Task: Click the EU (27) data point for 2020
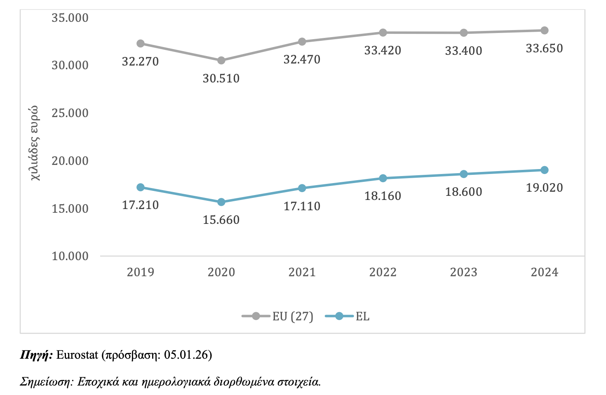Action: (x=221, y=61)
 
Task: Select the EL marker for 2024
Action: (x=544, y=170)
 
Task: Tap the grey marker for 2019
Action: (x=141, y=43)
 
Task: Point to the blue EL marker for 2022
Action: (x=383, y=178)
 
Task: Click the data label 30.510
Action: (x=221, y=78)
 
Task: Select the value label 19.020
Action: (x=544, y=188)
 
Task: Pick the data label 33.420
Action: (x=383, y=50)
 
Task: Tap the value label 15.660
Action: (x=221, y=220)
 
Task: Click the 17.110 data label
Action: (x=302, y=206)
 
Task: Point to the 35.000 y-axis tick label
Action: (x=70, y=18)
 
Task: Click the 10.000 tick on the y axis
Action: (x=70, y=256)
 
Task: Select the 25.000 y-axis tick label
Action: (x=70, y=113)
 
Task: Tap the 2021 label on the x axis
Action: (x=302, y=272)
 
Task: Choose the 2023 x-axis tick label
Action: (x=463, y=272)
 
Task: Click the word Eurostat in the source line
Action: (x=77, y=355)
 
